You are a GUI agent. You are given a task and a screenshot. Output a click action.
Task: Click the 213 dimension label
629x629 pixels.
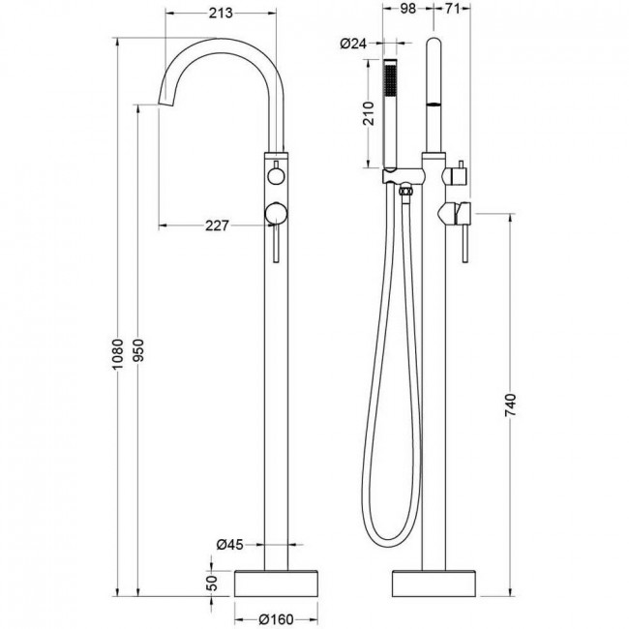221,13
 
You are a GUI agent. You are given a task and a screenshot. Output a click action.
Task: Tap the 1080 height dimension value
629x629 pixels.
117,354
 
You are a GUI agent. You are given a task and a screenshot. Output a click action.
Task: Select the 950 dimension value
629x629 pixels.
138,349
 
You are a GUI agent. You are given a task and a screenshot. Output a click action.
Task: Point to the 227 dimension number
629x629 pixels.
217,225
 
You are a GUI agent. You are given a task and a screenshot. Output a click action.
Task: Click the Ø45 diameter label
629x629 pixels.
230,545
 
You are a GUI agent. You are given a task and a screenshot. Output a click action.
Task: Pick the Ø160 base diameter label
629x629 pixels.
276,619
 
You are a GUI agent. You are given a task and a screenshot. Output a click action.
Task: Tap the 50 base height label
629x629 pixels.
213,583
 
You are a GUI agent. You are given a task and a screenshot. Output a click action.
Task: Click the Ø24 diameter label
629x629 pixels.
353,43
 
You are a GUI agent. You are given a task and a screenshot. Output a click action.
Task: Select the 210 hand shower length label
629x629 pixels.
369,113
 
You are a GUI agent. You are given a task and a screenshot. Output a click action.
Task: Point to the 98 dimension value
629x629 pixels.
408,9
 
